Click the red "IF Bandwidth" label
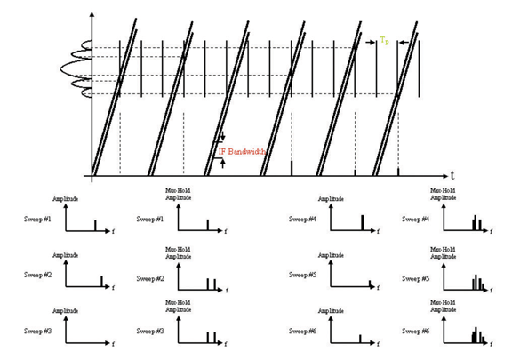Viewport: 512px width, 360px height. [244, 152]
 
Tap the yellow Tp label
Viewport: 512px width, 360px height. [384, 40]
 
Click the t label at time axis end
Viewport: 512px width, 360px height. [452, 175]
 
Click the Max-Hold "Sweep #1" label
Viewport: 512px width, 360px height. [150, 218]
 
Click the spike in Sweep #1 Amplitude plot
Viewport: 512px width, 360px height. [96, 226]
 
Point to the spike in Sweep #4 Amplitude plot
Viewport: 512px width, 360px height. [362, 222]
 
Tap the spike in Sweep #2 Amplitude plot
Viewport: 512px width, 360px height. [102, 282]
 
